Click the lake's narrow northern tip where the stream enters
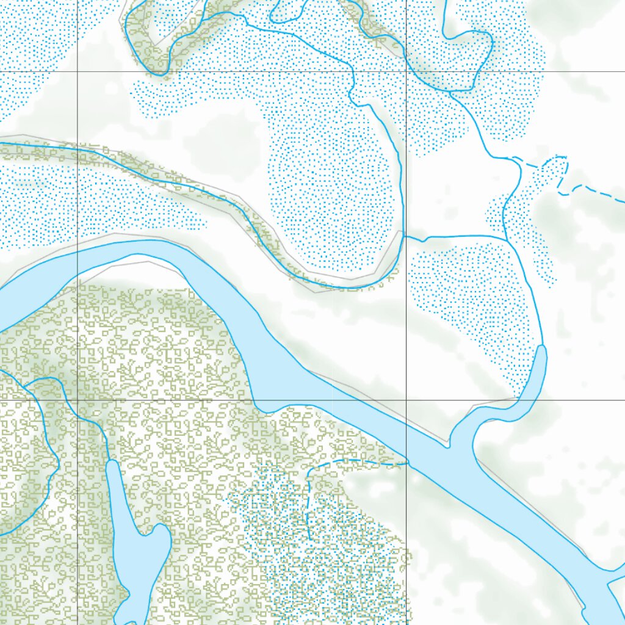click(x=110, y=462)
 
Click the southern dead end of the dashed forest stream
click(x=309, y=540)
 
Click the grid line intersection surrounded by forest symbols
click(x=78, y=400)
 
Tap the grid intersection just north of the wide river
click(x=407, y=400)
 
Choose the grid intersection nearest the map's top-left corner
click(x=78, y=72)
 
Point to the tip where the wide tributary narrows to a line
click(x=542, y=347)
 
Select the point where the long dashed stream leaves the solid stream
click(x=510, y=158)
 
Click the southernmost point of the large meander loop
click(x=348, y=287)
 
